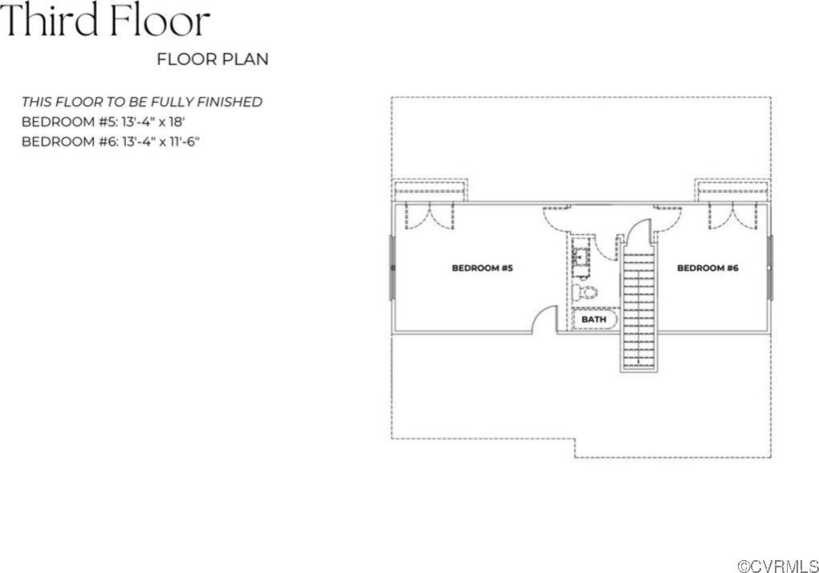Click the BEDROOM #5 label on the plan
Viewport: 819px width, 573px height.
click(x=482, y=268)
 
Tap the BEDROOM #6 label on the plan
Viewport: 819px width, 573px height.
click(x=707, y=268)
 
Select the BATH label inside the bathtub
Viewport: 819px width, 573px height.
click(x=593, y=319)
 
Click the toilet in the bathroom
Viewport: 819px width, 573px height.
click(x=586, y=293)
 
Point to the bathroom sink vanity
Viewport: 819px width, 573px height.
click(x=581, y=258)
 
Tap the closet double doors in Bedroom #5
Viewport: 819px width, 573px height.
click(x=430, y=215)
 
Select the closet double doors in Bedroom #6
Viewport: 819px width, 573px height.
click(x=732, y=215)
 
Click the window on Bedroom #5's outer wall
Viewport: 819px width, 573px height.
click(x=392, y=268)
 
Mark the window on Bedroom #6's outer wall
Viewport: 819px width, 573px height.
click(x=769, y=268)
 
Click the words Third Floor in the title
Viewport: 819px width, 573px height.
click(x=105, y=21)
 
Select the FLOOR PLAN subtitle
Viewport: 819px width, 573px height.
click(x=213, y=59)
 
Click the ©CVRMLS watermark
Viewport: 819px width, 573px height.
click(x=777, y=565)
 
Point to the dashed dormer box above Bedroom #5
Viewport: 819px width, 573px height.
click(x=430, y=190)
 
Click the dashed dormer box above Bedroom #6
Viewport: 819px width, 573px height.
click(x=732, y=190)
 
